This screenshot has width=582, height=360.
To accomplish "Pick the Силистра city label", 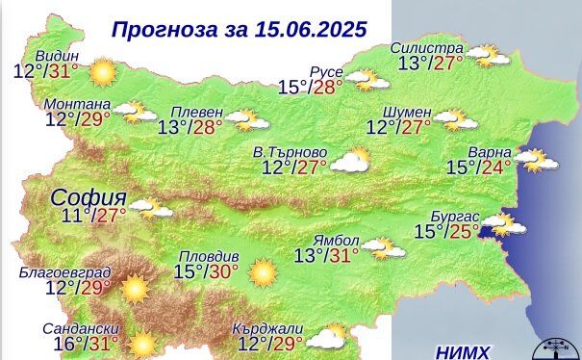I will [427, 48].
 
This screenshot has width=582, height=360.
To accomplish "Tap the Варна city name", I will [489, 151].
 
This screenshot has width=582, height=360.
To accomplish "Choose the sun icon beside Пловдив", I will [261, 272].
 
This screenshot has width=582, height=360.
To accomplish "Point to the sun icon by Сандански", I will [143, 343].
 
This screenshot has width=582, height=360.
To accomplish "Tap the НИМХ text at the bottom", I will [462, 350].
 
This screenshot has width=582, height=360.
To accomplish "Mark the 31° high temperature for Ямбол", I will [342, 255].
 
